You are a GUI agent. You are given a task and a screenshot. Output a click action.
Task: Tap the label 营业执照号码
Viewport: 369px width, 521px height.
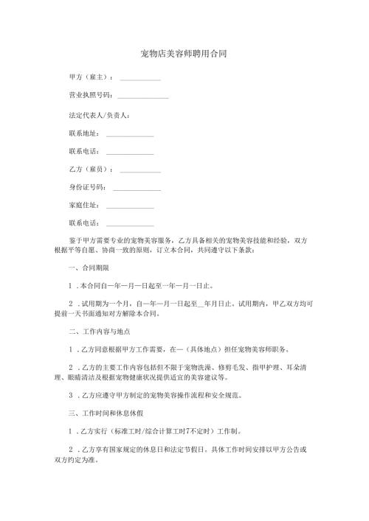click(x=90, y=96)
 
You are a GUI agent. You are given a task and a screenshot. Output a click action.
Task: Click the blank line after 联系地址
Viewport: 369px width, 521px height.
click(x=130, y=134)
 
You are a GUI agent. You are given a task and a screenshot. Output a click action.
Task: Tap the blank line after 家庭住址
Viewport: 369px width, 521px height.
click(x=130, y=206)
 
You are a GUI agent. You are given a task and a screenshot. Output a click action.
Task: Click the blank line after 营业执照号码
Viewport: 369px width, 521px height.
click(x=142, y=97)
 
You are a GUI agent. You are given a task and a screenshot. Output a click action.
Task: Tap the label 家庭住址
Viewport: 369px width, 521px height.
click(x=83, y=206)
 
